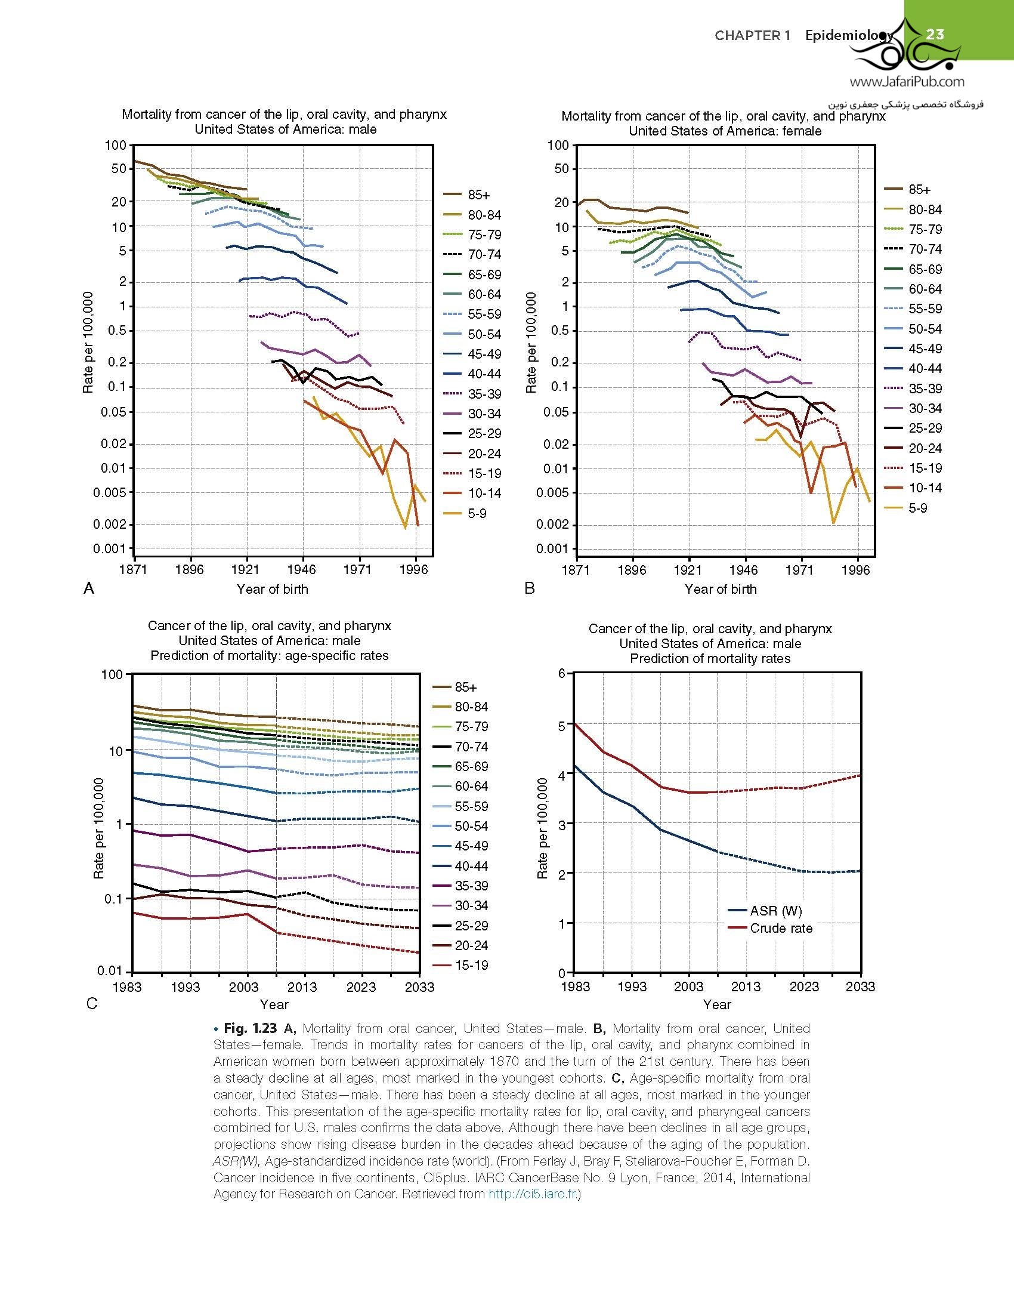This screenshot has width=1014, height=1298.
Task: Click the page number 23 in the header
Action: [x=935, y=34]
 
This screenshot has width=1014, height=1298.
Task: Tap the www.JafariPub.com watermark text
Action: [x=907, y=82]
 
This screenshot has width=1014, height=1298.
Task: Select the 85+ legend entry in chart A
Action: [x=479, y=195]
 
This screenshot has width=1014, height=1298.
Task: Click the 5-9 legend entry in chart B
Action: [x=918, y=508]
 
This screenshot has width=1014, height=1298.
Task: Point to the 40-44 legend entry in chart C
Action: [x=471, y=866]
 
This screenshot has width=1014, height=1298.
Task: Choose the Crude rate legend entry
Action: [x=781, y=928]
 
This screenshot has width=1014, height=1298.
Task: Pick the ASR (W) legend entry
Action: [x=775, y=911]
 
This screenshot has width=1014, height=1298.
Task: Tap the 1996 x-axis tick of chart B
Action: [x=857, y=570]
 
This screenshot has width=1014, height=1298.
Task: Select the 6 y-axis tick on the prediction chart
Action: [x=562, y=673]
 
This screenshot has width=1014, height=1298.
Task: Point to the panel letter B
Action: [x=530, y=588]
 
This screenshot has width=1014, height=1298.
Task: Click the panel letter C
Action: [x=91, y=1003]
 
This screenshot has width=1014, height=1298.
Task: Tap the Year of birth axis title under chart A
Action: [x=273, y=589]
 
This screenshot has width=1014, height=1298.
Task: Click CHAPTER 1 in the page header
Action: [x=752, y=35]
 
